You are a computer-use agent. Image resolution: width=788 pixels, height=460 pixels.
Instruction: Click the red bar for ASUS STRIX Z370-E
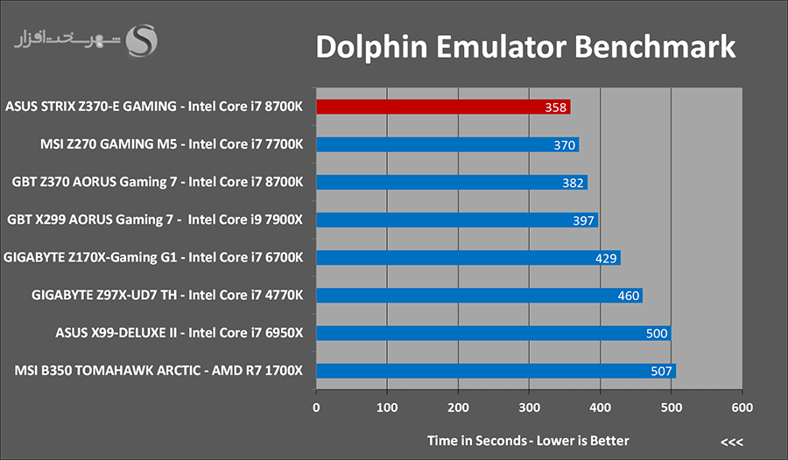click(443, 107)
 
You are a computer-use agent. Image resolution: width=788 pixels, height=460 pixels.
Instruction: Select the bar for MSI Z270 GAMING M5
click(447, 144)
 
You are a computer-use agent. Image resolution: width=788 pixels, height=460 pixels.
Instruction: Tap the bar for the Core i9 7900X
click(457, 220)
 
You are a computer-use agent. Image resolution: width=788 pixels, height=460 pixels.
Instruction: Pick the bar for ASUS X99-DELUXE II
click(494, 333)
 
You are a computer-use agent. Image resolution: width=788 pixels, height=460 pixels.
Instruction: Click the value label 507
click(661, 371)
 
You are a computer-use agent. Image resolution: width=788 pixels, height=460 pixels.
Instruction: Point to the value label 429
click(606, 258)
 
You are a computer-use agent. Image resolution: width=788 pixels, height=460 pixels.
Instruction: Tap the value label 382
click(573, 183)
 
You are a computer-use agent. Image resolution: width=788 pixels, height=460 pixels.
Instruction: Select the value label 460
click(628, 296)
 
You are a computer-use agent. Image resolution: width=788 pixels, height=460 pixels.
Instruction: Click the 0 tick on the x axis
click(316, 408)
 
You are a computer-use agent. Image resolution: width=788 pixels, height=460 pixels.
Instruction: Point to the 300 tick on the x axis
click(529, 408)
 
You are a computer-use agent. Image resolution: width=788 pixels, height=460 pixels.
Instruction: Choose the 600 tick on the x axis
click(742, 408)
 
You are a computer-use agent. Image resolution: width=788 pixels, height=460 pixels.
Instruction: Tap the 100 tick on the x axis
click(387, 408)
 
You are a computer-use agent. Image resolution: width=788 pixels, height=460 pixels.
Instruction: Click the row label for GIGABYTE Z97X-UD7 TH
click(167, 295)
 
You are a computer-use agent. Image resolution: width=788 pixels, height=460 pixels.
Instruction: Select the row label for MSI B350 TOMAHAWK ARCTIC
click(158, 371)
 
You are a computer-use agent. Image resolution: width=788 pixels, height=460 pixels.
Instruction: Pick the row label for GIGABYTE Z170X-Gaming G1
click(153, 258)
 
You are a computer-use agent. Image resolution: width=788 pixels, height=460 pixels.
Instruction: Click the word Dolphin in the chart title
click(371, 47)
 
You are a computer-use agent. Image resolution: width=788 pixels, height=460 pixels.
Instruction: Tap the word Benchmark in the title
click(655, 46)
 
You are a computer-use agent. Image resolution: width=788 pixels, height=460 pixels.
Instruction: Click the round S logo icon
click(141, 41)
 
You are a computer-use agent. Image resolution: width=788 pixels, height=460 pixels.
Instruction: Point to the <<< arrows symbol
click(732, 443)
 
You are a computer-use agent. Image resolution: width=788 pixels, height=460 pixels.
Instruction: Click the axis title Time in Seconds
click(477, 441)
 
